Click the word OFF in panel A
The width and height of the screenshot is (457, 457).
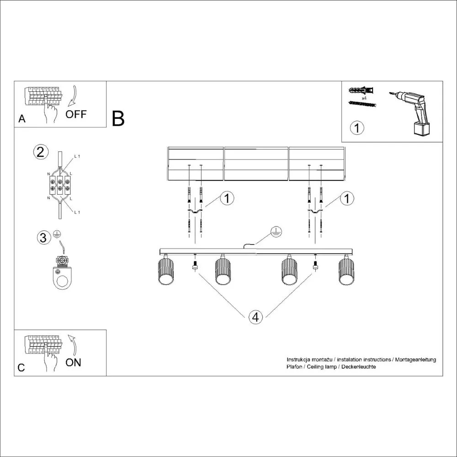(x=75, y=114)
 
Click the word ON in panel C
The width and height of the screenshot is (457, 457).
(x=73, y=362)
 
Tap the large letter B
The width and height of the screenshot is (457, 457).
(x=118, y=119)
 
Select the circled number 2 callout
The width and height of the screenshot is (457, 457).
(x=41, y=152)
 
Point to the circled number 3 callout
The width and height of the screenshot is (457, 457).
(x=43, y=238)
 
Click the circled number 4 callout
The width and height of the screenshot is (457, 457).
(x=256, y=317)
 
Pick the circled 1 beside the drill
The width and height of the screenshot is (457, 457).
(x=357, y=128)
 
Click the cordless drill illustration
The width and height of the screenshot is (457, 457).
(x=414, y=112)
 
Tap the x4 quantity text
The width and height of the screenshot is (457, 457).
(x=365, y=98)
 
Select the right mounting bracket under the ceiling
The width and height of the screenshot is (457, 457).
(x=315, y=212)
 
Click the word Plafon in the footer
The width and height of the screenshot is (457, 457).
(x=294, y=367)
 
